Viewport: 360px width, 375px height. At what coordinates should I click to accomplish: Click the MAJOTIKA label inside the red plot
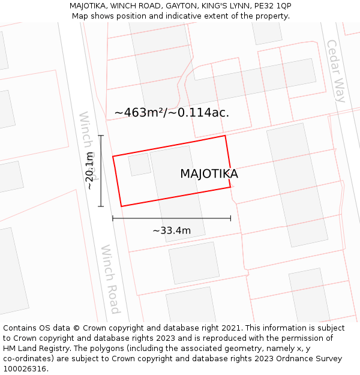tap(209, 174)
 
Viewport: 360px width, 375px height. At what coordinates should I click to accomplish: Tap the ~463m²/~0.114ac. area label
tap(172, 112)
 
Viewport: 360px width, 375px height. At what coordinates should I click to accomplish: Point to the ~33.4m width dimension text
tap(172, 230)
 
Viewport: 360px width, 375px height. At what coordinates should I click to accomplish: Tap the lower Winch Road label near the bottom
tap(110, 279)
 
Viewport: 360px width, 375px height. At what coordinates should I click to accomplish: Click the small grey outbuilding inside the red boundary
tap(140, 164)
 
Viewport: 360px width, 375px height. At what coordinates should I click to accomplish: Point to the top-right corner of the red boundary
tap(225, 136)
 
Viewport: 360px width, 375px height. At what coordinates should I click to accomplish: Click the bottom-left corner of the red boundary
tap(121, 206)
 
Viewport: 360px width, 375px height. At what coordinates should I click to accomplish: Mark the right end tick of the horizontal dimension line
tap(230, 218)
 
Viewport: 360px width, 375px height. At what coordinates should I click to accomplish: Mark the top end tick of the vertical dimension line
tap(101, 136)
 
